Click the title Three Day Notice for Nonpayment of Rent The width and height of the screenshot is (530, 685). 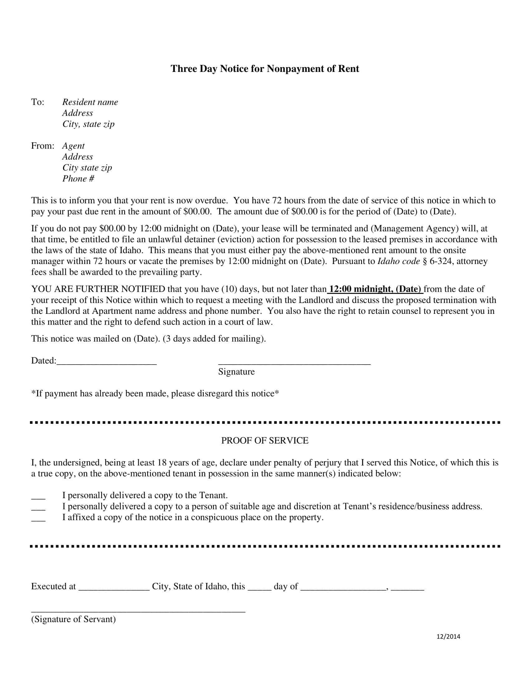265,69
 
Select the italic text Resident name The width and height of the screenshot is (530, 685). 90,102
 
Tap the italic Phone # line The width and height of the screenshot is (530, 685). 78,179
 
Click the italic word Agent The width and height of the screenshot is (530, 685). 74,146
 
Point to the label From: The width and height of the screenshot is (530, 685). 42,146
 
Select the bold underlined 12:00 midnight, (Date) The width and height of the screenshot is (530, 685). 375,289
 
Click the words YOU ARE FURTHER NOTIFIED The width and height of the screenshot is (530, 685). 98,289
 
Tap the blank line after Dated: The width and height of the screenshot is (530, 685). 107,361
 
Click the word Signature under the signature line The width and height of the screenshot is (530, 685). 236,372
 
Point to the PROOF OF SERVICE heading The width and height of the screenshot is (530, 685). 265,441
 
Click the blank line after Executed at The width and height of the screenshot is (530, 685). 114,587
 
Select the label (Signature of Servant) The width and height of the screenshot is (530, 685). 74,619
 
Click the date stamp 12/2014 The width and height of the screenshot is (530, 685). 448,637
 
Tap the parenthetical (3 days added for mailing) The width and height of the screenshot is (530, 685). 214,339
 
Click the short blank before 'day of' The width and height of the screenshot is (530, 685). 259,587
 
